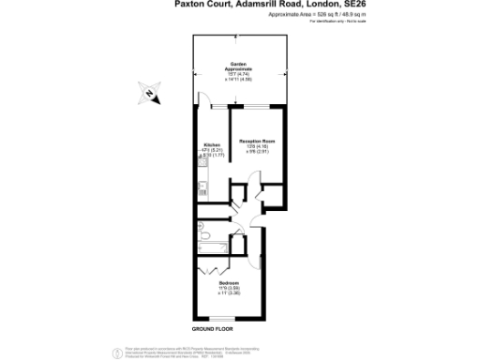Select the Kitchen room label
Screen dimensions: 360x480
point(212,145)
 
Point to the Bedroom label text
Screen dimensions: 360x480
point(230,282)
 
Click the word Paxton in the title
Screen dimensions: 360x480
point(192,5)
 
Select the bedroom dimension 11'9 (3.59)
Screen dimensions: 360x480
point(230,288)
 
